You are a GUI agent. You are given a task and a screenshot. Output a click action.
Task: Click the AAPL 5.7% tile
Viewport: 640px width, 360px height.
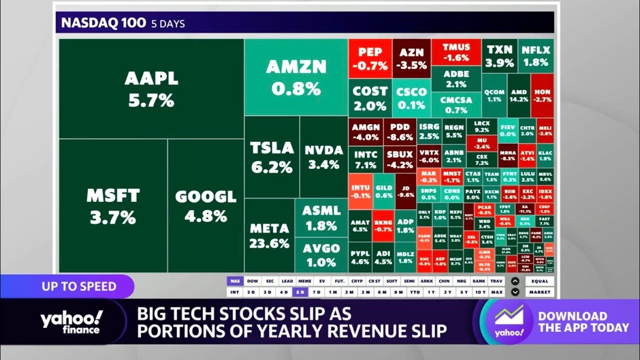(151, 89)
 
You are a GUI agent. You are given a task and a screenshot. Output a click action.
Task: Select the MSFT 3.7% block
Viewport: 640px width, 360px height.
(112, 206)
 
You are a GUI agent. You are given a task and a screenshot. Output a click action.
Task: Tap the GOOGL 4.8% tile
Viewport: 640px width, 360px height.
(205, 206)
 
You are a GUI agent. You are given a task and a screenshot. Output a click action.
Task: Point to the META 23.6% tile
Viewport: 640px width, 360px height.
(269, 235)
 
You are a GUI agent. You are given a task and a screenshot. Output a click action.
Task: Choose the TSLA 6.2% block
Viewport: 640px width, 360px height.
(271, 157)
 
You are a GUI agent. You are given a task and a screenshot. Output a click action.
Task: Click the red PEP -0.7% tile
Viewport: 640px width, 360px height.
(370, 58)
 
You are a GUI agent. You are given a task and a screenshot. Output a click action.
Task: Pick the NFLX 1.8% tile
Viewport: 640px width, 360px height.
(535, 56)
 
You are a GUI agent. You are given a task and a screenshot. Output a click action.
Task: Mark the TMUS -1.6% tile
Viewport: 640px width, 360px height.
(456, 52)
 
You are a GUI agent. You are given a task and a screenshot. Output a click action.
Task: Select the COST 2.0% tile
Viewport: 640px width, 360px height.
(370, 98)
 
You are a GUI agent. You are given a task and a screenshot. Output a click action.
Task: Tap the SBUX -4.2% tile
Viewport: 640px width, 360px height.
(399, 159)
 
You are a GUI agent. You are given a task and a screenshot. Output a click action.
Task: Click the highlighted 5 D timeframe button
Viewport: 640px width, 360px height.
(300, 292)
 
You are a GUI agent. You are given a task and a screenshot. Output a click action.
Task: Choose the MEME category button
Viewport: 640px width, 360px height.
(304, 281)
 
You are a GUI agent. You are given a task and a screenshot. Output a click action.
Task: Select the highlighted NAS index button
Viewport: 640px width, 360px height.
(234, 281)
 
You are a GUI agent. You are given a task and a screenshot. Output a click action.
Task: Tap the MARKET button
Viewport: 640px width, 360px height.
(540, 292)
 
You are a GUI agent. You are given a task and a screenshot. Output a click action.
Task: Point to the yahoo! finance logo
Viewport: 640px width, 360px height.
(71, 323)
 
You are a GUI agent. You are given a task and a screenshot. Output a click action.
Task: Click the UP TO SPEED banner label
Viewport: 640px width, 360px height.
(79, 286)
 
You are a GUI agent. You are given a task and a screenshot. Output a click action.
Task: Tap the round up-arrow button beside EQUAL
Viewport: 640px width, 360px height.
(515, 281)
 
